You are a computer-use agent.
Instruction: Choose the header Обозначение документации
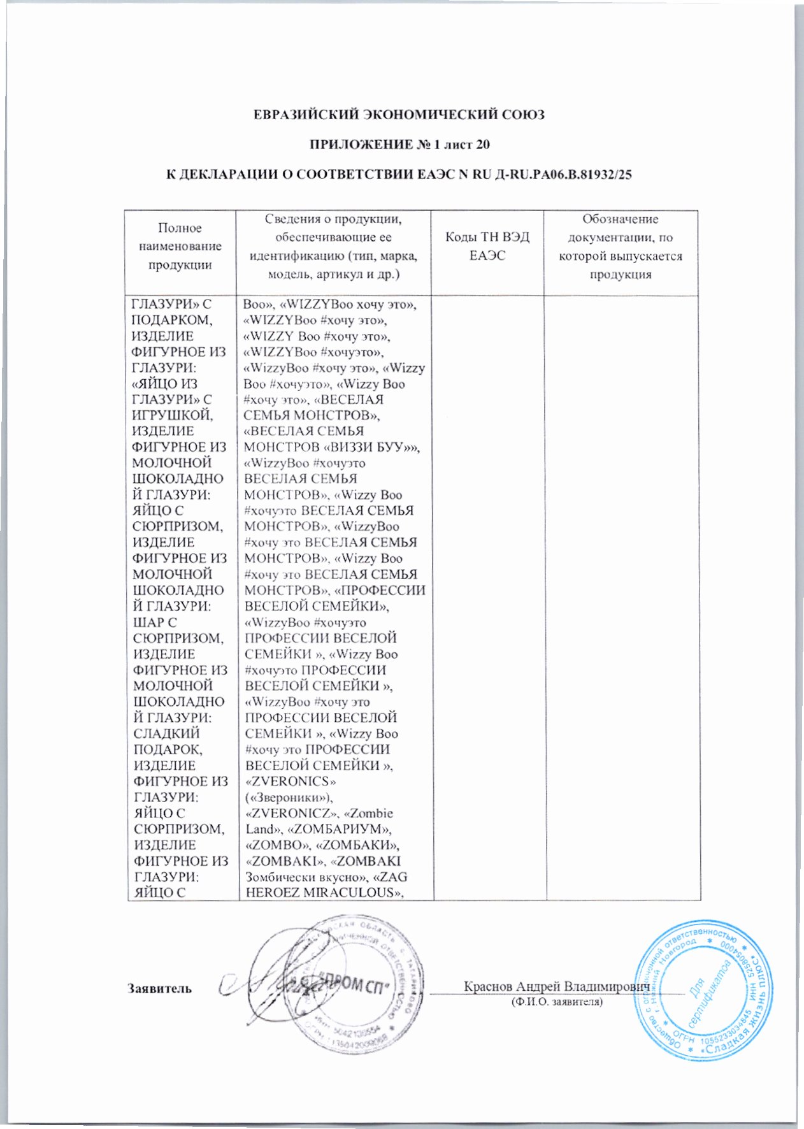point(620,247)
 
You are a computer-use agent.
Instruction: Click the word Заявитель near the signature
point(159,988)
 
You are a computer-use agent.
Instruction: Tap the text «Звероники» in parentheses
point(290,797)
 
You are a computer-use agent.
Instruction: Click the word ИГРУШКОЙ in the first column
point(173,415)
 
